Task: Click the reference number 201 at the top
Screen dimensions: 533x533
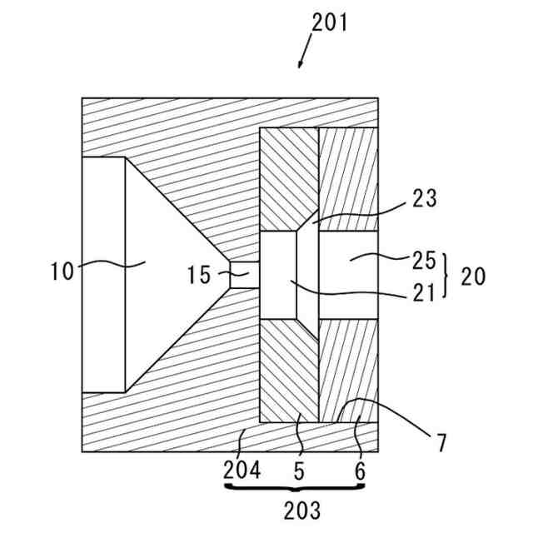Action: pyautogui.click(x=329, y=22)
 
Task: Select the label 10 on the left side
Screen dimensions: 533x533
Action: pyautogui.click(x=62, y=271)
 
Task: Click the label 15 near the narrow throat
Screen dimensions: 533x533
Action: pyautogui.click(x=199, y=275)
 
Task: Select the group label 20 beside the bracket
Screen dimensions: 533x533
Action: pyautogui.click(x=472, y=276)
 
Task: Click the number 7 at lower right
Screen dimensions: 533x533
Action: pyautogui.click(x=440, y=442)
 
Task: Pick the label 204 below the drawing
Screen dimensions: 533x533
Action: pyautogui.click(x=242, y=471)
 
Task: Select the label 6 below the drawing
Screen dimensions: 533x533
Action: pyautogui.click(x=360, y=471)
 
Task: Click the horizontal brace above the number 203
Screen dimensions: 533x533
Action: pyautogui.click(x=296, y=486)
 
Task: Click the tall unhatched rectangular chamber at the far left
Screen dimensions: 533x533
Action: pyautogui.click(x=103, y=274)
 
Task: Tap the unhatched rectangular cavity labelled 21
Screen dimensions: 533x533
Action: pyautogui.click(x=279, y=276)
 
